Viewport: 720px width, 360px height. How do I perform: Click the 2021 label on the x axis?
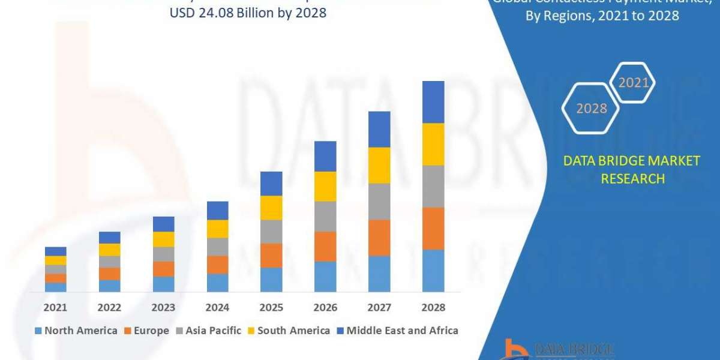[55, 307]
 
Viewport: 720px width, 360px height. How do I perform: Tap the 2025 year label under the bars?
[271, 307]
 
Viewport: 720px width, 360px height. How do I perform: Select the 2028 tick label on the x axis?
[433, 307]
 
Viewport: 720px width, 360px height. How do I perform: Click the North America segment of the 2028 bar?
[433, 271]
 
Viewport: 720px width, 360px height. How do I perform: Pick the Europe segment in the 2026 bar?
[325, 247]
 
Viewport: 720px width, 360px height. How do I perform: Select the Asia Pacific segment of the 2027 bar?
[379, 202]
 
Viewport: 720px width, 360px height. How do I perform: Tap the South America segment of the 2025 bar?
[271, 208]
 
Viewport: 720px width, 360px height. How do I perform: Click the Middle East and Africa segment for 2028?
[433, 102]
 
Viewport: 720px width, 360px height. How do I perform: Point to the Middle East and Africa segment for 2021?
[55, 251]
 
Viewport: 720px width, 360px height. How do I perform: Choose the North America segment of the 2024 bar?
[217, 283]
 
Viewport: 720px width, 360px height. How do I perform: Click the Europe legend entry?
[147, 331]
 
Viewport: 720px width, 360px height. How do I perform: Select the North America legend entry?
[76, 331]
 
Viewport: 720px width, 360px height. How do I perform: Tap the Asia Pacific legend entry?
[208, 331]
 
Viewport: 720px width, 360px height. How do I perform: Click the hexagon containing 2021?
[632, 83]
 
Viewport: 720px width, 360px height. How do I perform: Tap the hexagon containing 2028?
[590, 109]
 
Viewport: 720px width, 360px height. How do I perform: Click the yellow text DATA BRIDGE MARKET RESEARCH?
[632, 169]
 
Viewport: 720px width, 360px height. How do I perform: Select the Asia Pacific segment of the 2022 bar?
[109, 262]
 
